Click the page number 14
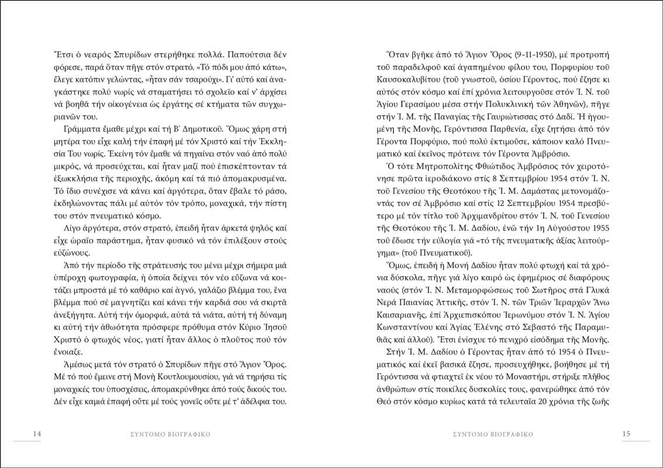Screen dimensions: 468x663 coord(36,434)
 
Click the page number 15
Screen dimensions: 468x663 coord(626,434)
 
